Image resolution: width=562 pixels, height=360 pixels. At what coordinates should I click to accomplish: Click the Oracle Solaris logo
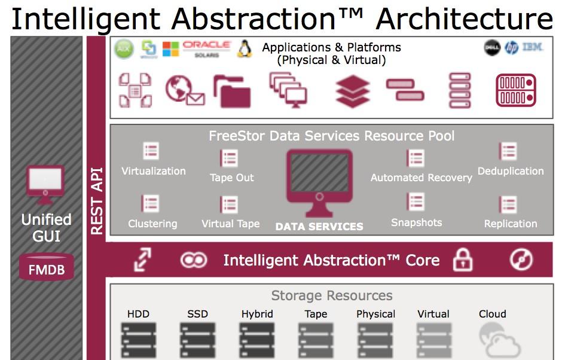pyautogui.click(x=206, y=49)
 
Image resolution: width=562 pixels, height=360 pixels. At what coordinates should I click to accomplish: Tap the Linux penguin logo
pyautogui.click(x=245, y=49)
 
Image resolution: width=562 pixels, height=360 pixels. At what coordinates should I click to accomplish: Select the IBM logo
pyautogui.click(x=533, y=47)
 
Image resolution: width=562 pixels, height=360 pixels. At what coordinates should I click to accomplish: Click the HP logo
pyautogui.click(x=511, y=48)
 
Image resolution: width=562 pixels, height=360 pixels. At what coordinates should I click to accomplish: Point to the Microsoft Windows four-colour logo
pyautogui.click(x=170, y=49)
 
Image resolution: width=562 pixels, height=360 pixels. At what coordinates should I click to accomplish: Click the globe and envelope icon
pyautogui.click(x=185, y=90)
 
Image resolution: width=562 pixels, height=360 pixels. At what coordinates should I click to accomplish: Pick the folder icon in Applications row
pyautogui.click(x=232, y=91)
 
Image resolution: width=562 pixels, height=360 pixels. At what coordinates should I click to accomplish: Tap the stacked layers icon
pyautogui.click(x=353, y=91)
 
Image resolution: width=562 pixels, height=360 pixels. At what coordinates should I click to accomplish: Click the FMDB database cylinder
pyautogui.click(x=47, y=267)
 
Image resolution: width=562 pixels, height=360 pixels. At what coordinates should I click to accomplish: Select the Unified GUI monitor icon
pyautogui.click(x=45, y=185)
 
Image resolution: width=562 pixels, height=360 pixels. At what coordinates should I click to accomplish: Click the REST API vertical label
pyautogui.click(x=97, y=201)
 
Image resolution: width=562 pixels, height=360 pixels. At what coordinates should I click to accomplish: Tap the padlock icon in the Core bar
pyautogui.click(x=463, y=260)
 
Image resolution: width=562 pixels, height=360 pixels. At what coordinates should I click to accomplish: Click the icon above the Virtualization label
pyautogui.click(x=151, y=151)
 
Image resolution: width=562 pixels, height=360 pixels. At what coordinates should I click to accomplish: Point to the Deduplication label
pyautogui.click(x=511, y=171)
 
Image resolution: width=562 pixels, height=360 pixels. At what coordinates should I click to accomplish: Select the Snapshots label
pyautogui.click(x=417, y=222)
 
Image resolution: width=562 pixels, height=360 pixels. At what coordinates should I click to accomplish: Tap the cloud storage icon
pyautogui.click(x=499, y=340)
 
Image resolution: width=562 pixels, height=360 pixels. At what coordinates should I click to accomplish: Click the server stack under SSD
pyautogui.click(x=197, y=340)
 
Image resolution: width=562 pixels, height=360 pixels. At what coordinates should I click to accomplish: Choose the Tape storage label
pyautogui.click(x=316, y=314)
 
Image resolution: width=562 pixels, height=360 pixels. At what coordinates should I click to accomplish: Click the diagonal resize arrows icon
pyautogui.click(x=143, y=259)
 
